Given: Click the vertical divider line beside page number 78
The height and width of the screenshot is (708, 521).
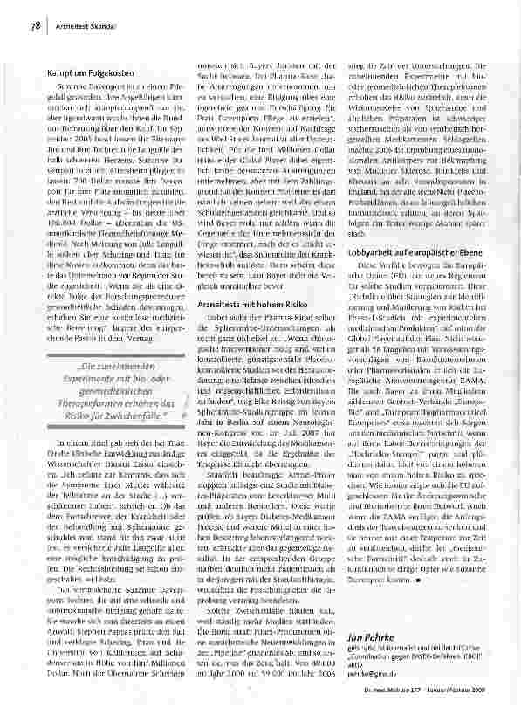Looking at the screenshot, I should pyautogui.click(x=46, y=27).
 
